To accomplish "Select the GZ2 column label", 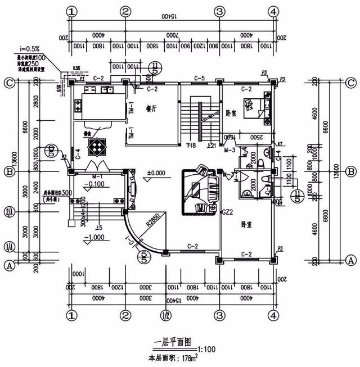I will [227, 212].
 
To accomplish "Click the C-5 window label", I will [199, 78].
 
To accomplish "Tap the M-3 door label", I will [229, 150].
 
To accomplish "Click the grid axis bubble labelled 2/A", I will [8, 211].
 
